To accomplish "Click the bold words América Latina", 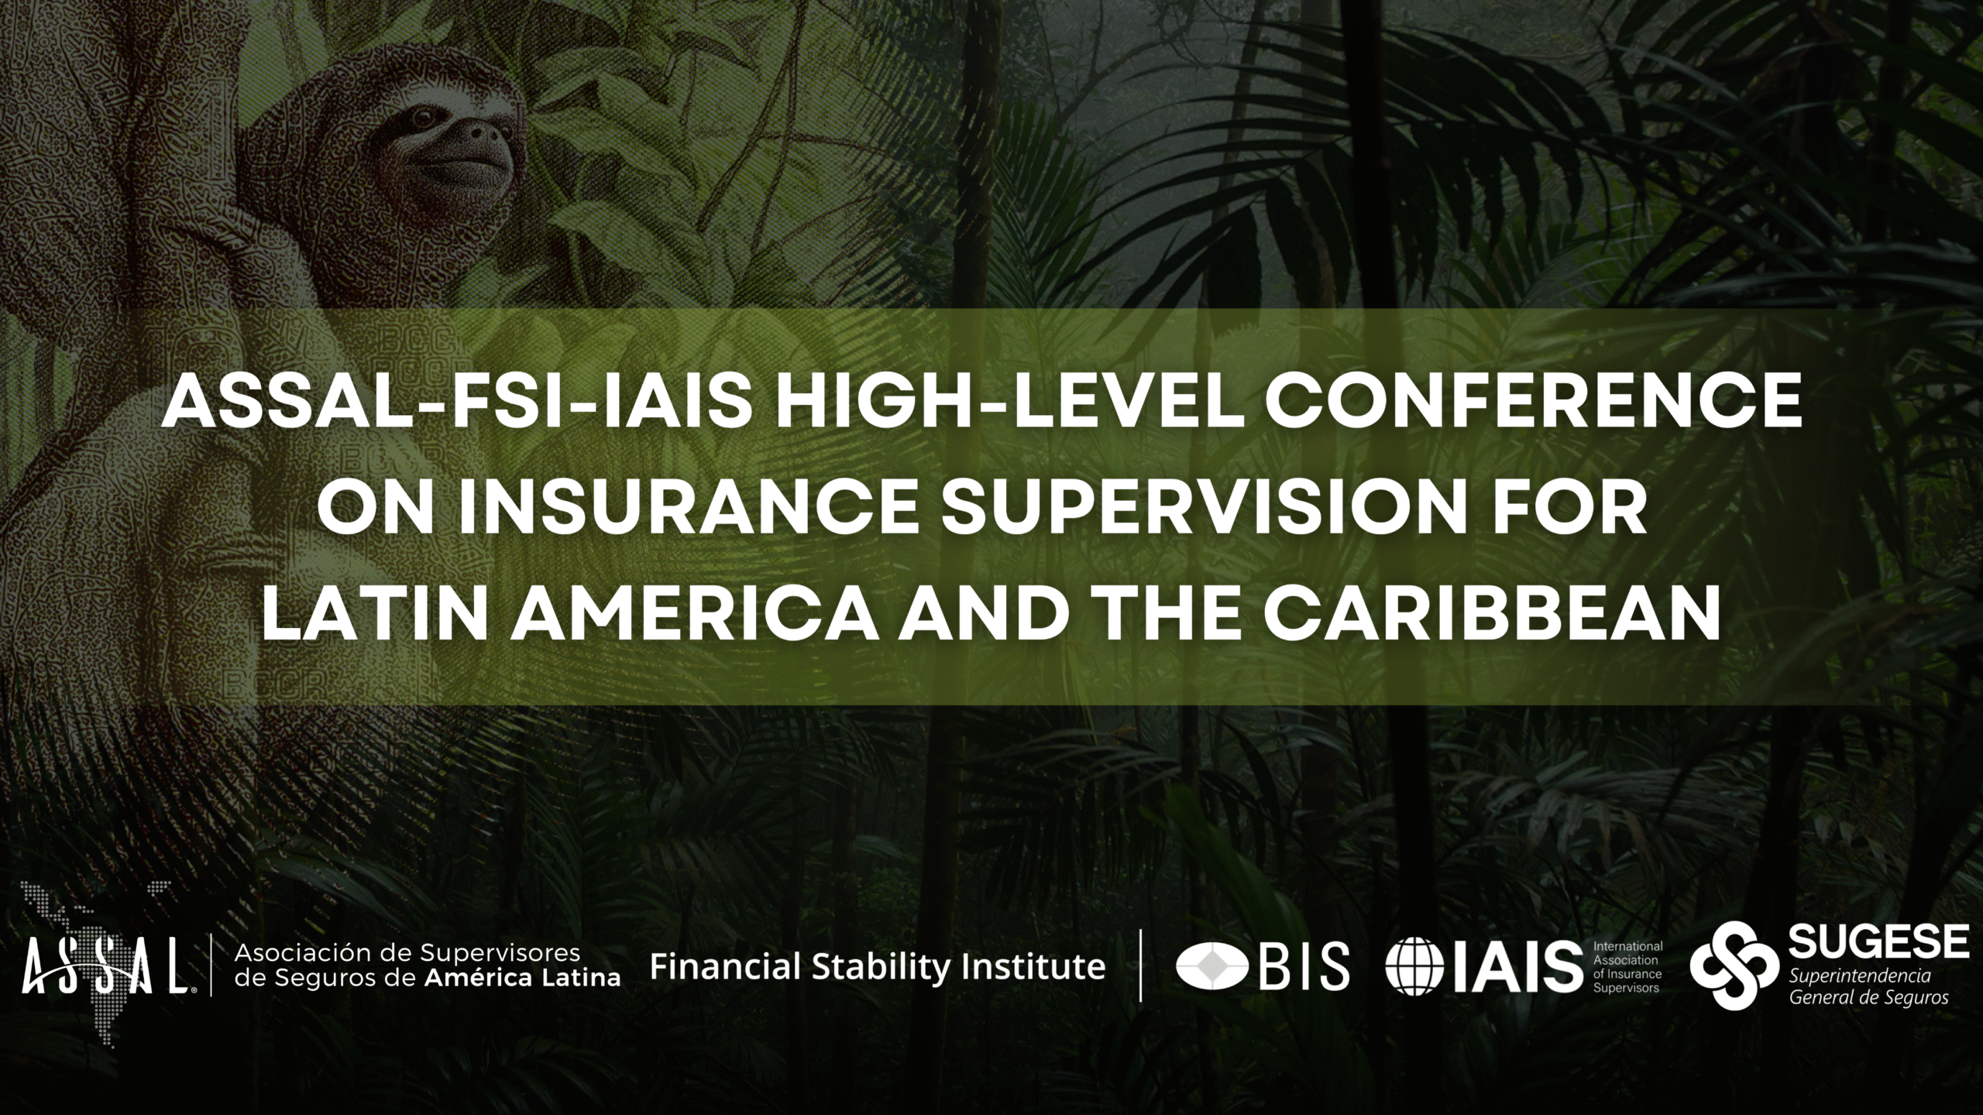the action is coord(523,977).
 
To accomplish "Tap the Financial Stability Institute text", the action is coord(878,967).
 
